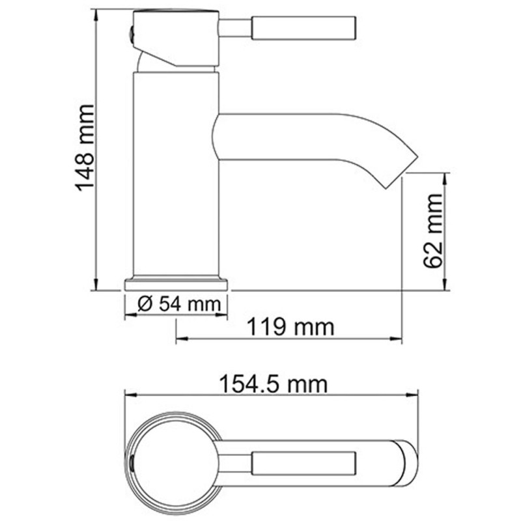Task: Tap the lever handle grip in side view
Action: coord(303,28)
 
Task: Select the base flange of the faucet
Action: coord(176,283)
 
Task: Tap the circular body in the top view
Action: coord(173,463)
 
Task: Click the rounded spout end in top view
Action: coord(407,463)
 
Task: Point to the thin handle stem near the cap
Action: coord(236,28)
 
